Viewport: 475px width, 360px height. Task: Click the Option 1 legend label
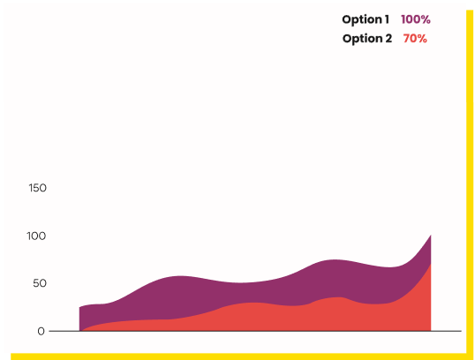tap(366, 20)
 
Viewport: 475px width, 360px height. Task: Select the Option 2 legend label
tap(367, 39)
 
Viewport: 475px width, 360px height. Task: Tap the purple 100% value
tap(416, 19)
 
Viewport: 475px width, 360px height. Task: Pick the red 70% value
tap(415, 39)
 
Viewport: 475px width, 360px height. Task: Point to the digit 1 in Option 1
tap(387, 19)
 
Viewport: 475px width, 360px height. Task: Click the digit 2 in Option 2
tap(388, 39)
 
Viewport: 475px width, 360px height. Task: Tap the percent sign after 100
tap(425, 19)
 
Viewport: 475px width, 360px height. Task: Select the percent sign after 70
tap(422, 39)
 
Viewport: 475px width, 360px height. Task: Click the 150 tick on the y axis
tap(38, 188)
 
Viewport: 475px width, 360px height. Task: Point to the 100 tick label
tap(36, 236)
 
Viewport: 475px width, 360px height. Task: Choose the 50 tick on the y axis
tap(40, 283)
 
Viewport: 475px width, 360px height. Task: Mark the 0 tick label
tap(41, 331)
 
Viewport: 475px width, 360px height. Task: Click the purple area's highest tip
tap(431, 236)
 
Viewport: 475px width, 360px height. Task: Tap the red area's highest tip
tap(431, 264)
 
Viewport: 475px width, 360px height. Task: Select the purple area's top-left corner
tap(79, 308)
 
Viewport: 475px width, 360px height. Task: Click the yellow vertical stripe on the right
tap(470, 182)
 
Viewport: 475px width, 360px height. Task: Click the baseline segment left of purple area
tap(64, 331)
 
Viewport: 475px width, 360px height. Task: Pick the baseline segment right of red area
tap(446, 331)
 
